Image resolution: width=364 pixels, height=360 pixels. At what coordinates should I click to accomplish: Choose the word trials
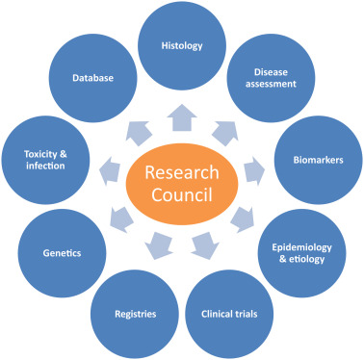coord(249,313)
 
